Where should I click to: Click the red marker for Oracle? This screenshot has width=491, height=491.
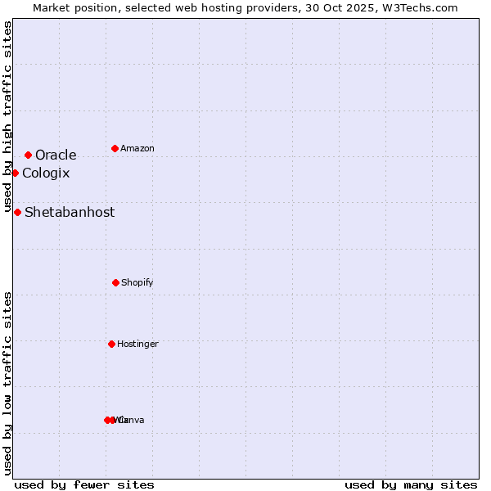coord(28,155)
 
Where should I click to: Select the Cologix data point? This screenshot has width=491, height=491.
coord(15,173)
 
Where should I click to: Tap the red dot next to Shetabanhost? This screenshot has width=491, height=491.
coord(17,212)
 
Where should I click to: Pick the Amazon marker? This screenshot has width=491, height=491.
coord(115,148)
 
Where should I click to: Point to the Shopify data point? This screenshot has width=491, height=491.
coord(115,282)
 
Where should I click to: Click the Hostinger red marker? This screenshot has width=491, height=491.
coord(111,344)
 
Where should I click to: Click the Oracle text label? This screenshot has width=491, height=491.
coord(56,155)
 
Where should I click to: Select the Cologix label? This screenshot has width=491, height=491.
coord(46,173)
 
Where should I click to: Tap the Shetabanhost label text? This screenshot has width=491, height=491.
coord(70,212)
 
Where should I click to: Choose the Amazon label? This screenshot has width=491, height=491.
coord(137,148)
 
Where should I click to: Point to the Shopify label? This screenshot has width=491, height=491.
coord(137,282)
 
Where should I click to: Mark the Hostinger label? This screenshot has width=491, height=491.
coord(137,344)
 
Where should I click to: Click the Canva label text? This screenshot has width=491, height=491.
coord(133,420)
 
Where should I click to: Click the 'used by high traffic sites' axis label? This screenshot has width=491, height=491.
coord(7,116)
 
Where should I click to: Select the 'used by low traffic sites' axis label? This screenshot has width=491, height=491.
coord(7,383)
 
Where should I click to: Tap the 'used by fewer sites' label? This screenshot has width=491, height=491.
coord(84,484)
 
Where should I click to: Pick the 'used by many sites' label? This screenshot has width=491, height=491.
coord(411,484)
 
